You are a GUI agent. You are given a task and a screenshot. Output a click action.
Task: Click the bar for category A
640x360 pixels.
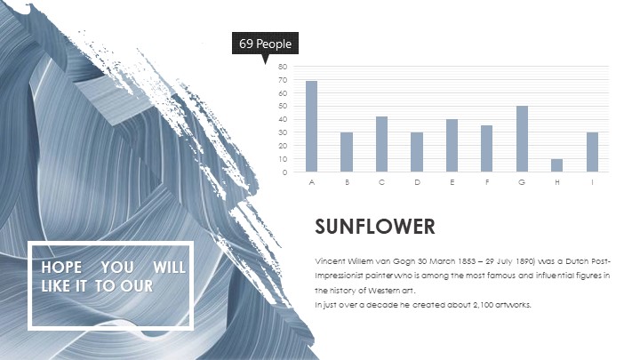click(311, 126)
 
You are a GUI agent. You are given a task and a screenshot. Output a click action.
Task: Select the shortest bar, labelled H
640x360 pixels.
click(556, 165)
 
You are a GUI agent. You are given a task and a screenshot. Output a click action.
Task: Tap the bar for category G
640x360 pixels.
click(522, 139)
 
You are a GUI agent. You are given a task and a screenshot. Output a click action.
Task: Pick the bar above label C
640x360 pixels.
click(381, 144)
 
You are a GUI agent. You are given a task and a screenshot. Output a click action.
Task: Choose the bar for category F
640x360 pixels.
click(486, 148)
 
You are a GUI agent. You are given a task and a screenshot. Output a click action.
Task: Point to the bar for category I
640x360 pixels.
click(592, 152)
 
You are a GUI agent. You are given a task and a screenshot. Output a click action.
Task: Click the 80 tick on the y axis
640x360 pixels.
click(283, 67)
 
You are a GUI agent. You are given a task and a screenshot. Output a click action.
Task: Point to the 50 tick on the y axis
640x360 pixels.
click(283, 106)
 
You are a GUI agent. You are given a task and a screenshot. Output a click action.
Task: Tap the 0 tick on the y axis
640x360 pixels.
click(284, 172)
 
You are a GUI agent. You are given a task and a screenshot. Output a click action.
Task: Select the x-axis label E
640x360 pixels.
click(452, 182)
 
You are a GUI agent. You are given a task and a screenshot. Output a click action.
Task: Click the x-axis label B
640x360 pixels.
click(347, 182)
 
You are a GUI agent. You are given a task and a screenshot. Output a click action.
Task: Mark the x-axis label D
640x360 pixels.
click(417, 182)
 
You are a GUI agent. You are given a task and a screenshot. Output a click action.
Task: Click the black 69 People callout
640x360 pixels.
click(265, 44)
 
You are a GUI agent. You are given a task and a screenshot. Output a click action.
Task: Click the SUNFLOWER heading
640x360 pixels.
click(375, 227)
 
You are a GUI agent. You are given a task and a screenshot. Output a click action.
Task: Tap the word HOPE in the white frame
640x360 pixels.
click(61, 268)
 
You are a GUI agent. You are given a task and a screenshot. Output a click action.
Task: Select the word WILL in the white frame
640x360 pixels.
click(169, 268)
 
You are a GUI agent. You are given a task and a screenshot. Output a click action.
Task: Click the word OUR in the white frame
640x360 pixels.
click(136, 285)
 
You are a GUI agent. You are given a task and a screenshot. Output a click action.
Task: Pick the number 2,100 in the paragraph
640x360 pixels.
click(483, 305)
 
